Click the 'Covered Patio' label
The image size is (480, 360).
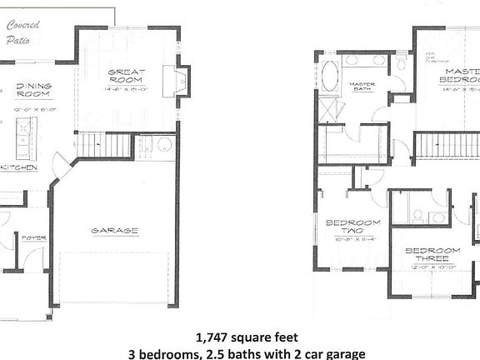(23, 32)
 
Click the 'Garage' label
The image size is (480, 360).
(114, 230)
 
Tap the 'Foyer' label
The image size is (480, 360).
(34, 237)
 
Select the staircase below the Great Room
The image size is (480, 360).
(106, 146)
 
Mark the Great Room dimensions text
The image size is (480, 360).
(127, 89)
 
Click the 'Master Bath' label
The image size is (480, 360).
(362, 87)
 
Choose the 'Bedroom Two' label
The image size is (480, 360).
(352, 227)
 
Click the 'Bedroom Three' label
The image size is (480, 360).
(432, 255)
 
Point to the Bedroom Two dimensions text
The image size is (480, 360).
(352, 239)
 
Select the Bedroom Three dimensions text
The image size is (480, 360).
(432, 267)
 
